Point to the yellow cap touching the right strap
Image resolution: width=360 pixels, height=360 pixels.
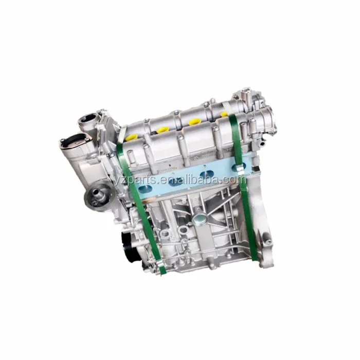coord(225,114)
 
